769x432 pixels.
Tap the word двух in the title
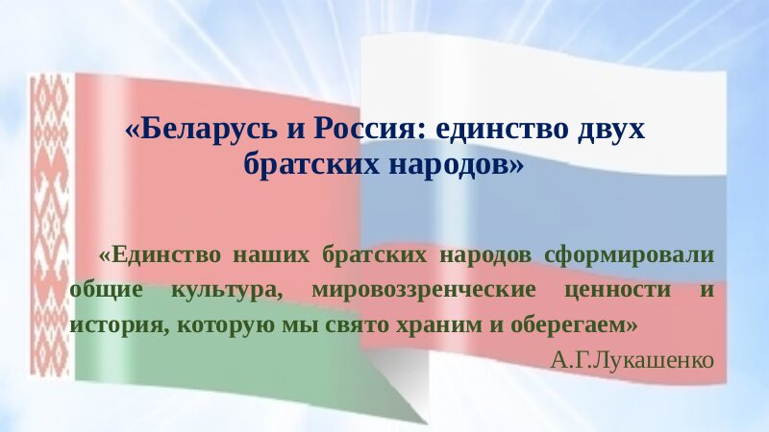[611, 130]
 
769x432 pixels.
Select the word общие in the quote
[106, 290]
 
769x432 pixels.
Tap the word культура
[227, 291]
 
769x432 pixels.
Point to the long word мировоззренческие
[424, 291]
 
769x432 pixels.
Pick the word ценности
[617, 291]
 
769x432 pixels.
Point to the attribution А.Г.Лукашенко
[633, 361]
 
